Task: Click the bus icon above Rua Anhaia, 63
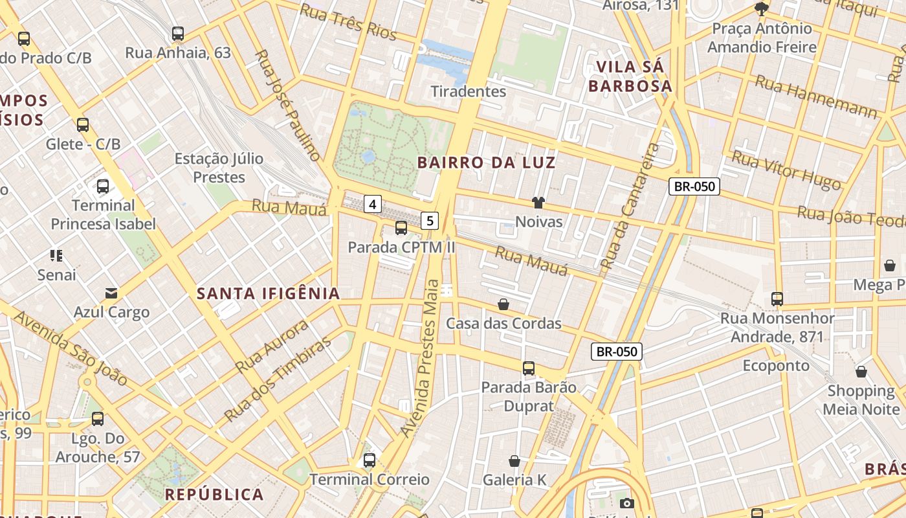(178, 34)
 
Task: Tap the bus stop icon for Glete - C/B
(83, 125)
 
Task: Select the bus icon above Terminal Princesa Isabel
(103, 186)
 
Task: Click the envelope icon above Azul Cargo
(111, 293)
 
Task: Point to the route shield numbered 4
(371, 205)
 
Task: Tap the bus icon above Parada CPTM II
(401, 228)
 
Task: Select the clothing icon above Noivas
(538, 203)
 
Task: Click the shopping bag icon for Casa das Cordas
(503, 304)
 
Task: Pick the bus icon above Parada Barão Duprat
(529, 368)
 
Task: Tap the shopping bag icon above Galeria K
(514, 461)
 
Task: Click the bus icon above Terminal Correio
(369, 460)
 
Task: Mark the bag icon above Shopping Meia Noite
(861, 372)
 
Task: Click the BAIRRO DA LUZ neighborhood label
(487, 163)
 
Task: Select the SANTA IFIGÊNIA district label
(269, 293)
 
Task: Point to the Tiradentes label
(469, 91)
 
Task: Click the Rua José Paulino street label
(288, 105)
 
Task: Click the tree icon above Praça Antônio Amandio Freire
(762, 9)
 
